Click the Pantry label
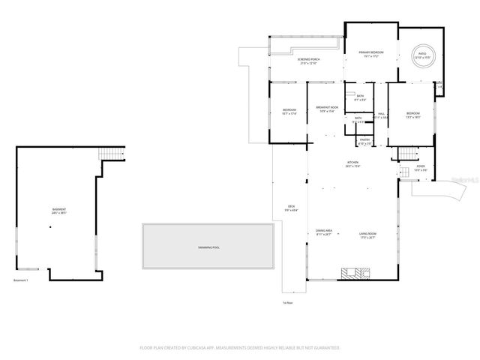[365, 141]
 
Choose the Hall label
[381, 115]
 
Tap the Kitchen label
[353, 165]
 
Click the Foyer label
[420, 169]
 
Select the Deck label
[292, 208]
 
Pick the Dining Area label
[323, 233]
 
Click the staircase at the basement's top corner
[113, 154]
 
